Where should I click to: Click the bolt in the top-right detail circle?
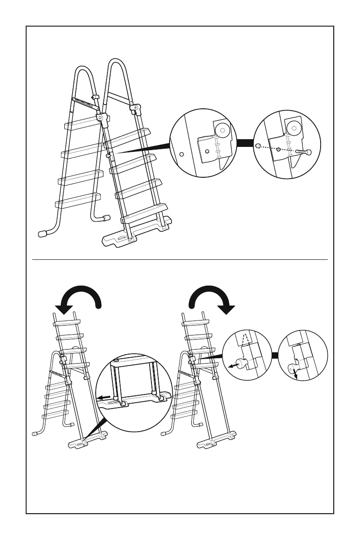point(303,152)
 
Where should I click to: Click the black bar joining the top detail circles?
point(245,144)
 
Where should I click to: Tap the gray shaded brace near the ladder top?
point(85,103)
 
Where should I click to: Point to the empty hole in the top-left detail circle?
point(181,154)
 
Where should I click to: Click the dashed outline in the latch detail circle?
point(245,341)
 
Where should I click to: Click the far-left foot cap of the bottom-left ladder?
point(34,434)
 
